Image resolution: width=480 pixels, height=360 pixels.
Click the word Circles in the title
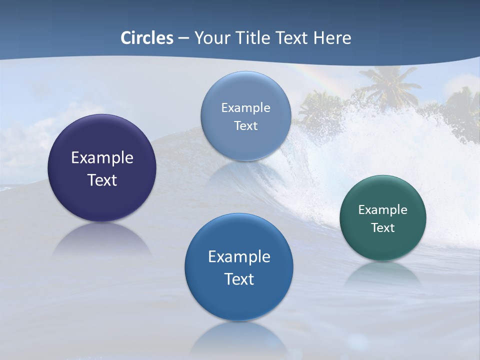pyautogui.click(x=147, y=38)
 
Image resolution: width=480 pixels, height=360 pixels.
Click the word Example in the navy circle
pyautogui.click(x=102, y=158)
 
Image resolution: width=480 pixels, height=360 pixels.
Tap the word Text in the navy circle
pyautogui.click(x=102, y=180)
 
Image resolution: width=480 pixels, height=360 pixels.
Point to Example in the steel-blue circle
pyautogui.click(x=245, y=108)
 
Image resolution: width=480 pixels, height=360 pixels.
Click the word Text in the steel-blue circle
pyautogui.click(x=245, y=125)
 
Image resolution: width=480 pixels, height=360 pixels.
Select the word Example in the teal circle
pyautogui.click(x=382, y=210)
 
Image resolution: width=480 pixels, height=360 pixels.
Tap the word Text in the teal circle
pyautogui.click(x=382, y=228)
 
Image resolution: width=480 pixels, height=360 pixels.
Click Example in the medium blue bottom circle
pyautogui.click(x=239, y=257)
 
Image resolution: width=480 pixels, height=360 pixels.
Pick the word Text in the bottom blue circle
pyautogui.click(x=239, y=279)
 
